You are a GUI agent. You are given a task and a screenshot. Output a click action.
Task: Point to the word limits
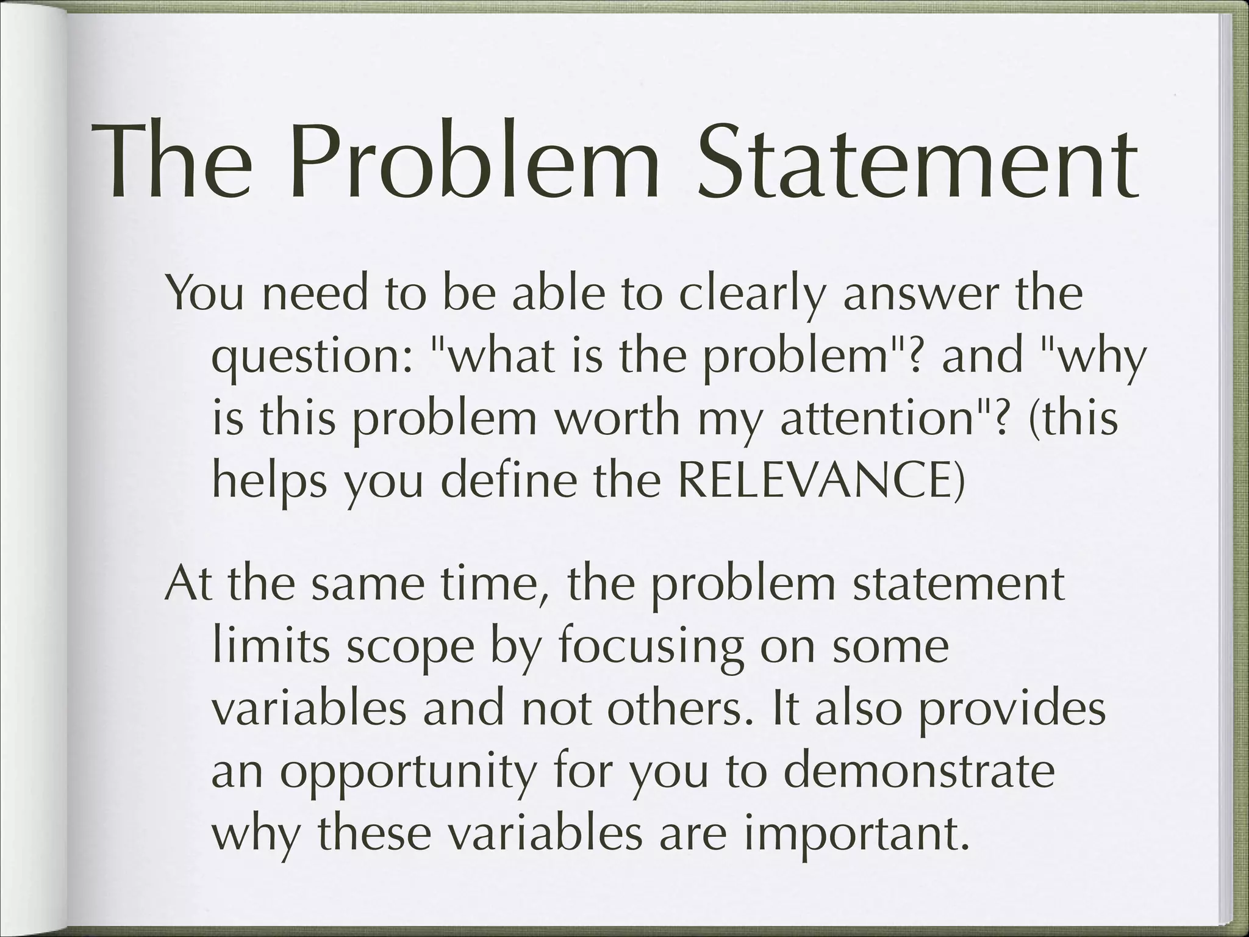point(273,647)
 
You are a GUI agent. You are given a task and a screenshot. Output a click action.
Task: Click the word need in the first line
point(317,294)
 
